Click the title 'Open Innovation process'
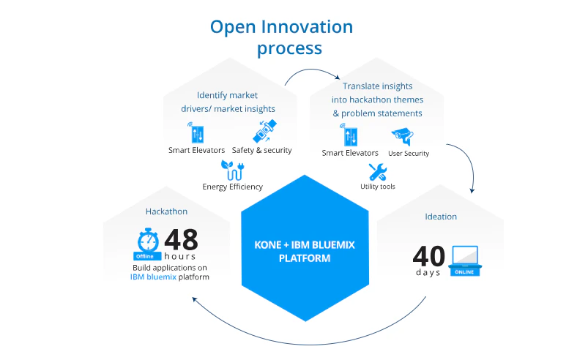click(281, 37)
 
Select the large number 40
click(429, 256)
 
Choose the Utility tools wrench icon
click(377, 172)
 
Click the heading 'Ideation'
click(441, 217)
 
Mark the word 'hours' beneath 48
click(179, 257)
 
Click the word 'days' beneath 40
click(428, 272)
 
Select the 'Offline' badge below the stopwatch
click(144, 256)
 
